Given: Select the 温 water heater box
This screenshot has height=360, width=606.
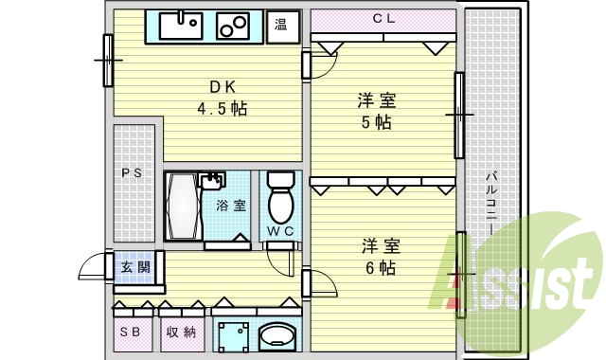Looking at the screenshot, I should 282,26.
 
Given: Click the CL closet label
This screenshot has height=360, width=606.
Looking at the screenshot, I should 383,18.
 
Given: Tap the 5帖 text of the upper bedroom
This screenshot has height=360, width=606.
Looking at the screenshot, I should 377,123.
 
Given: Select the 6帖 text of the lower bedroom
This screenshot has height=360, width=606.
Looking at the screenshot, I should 379,267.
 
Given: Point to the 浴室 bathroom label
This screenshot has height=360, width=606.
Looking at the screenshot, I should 230,205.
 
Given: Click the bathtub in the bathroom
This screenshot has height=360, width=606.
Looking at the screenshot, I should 183,206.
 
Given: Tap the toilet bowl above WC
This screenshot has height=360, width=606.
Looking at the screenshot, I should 281,196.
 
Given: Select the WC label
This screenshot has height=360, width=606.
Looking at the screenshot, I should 280,231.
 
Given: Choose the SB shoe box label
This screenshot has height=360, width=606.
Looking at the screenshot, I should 132,332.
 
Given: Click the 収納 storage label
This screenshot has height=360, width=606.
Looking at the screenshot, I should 181,332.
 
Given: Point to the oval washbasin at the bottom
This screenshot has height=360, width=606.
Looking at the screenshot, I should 278,335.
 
